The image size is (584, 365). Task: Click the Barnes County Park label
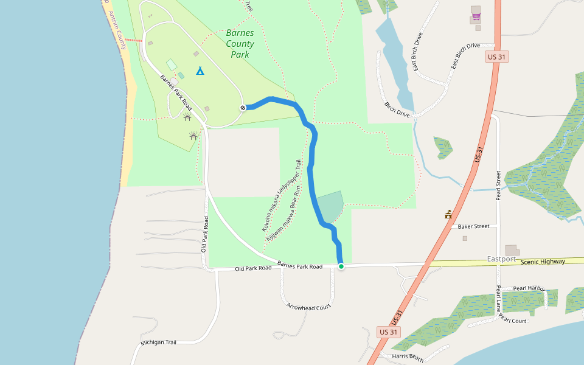[240, 44]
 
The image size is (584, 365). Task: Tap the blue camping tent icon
[200, 71]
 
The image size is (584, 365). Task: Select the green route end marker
[341, 266]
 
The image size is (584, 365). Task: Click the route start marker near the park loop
[243, 108]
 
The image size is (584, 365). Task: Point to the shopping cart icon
[476, 16]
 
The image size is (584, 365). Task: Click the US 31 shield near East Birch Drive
[497, 57]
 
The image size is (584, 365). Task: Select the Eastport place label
[501, 259]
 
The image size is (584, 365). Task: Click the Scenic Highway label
[543, 262]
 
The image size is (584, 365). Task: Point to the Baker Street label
[473, 226]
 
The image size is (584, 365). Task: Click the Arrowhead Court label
[308, 307]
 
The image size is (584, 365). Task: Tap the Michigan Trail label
[158, 342]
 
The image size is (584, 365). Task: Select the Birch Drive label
[397, 108]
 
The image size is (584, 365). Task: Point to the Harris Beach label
[408, 357]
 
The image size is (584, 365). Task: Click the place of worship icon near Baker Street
[448, 214]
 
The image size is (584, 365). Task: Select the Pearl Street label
[498, 185]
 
